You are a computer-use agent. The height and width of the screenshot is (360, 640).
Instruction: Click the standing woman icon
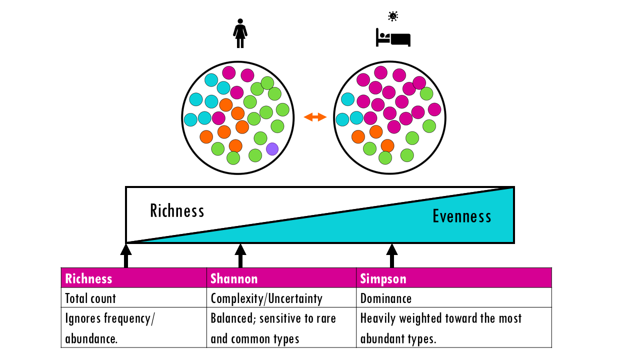tap(240, 33)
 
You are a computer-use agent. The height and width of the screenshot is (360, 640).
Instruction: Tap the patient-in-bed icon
tap(393, 38)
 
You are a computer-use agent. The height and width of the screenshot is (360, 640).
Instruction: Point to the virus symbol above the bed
tap(393, 16)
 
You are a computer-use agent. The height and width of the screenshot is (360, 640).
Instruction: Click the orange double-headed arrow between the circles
tap(315, 117)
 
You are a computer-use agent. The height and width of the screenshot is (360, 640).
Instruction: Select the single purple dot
tap(272, 149)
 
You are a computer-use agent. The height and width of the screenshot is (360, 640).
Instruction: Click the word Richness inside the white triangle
tap(177, 210)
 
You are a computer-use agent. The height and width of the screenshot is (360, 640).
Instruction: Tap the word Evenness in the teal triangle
tap(461, 216)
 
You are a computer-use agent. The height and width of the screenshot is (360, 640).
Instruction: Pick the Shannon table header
tap(234, 278)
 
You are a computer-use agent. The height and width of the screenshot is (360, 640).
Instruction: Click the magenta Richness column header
tap(88, 278)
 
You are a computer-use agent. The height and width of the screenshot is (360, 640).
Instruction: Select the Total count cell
tap(90, 298)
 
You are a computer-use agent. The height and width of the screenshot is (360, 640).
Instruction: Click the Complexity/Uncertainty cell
tap(266, 298)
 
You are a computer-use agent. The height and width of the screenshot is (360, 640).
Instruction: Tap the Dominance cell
tap(386, 298)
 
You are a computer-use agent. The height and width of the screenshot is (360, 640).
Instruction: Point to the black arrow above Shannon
tap(240, 255)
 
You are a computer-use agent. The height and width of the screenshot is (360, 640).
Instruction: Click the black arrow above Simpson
tap(392, 255)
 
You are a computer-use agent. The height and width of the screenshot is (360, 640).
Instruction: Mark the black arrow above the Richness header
tap(126, 255)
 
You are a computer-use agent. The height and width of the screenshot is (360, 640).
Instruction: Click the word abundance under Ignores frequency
tap(90, 338)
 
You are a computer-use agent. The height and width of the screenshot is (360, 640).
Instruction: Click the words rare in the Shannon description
tap(325, 318)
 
